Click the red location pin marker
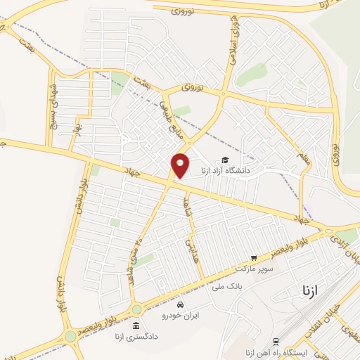pos(181,165)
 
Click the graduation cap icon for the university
pos(224,161)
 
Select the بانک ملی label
pos(226,287)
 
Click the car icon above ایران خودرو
pos(181,305)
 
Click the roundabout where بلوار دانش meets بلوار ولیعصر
pos(70,336)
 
